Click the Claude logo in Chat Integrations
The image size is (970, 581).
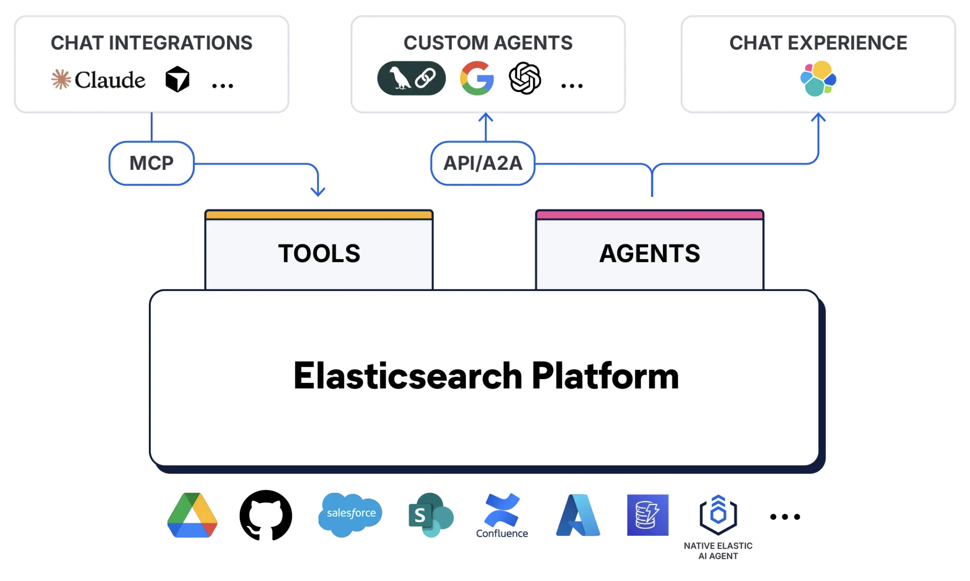[x=99, y=79]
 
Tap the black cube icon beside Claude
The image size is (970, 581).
[x=177, y=79]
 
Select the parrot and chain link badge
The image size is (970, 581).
[x=411, y=78]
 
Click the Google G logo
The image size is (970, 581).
[x=477, y=78]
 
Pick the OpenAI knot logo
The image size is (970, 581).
[x=524, y=78]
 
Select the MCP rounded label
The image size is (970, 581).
[x=151, y=163]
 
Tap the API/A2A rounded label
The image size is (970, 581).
[x=483, y=163]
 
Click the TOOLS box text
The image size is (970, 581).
[x=319, y=254]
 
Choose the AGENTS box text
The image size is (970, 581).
[x=649, y=254]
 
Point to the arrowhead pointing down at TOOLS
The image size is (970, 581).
[x=318, y=191]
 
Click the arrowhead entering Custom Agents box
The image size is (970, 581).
[x=485, y=117]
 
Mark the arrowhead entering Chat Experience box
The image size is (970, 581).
[x=818, y=117]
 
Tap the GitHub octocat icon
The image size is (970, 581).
[x=266, y=515]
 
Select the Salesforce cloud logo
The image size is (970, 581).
[x=350, y=514]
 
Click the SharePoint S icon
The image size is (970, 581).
[x=430, y=515]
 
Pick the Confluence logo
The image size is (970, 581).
[x=502, y=516]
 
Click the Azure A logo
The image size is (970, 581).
[x=578, y=515]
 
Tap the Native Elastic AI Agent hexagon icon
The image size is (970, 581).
[x=718, y=514]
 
